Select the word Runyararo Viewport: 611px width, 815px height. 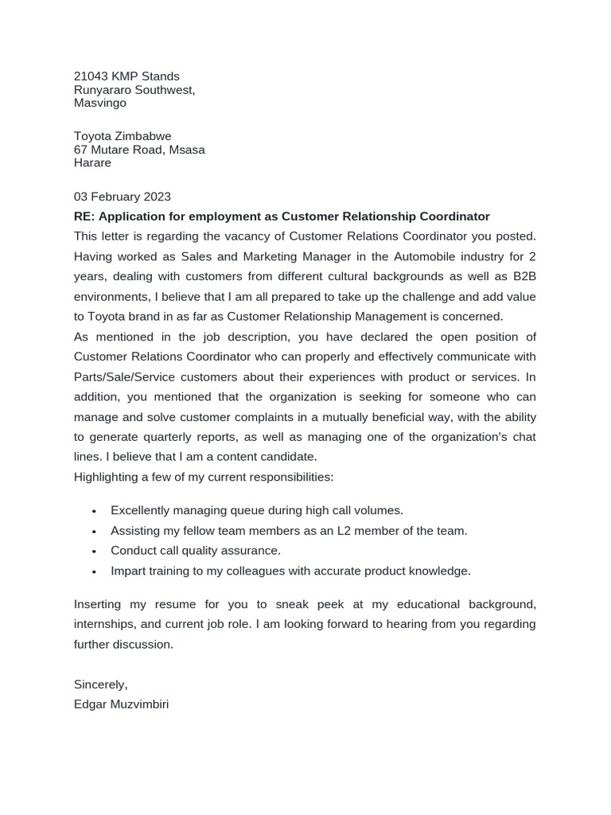(101, 90)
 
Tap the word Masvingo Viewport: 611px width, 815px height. (99, 103)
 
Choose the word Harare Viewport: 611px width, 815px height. (92, 163)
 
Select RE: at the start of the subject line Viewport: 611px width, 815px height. (84, 216)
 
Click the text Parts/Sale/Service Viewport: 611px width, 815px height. (125, 376)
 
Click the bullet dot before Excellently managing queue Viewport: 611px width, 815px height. (94, 511)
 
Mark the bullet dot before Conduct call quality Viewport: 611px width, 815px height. (94, 551)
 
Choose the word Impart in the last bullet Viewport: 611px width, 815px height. (128, 571)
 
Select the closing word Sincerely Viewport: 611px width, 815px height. (100, 684)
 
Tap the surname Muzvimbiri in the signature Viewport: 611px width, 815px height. (140, 704)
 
